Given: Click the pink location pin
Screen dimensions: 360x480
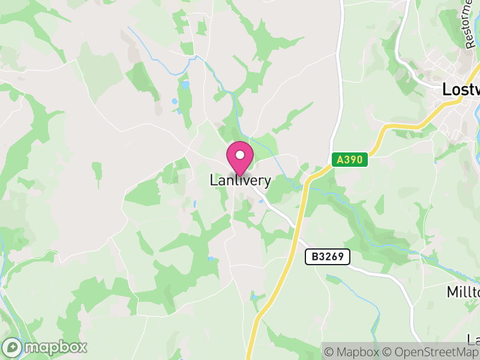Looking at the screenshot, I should [240, 158].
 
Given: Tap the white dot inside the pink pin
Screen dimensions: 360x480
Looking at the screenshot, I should [240, 155].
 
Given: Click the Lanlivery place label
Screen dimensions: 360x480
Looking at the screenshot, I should [240, 180].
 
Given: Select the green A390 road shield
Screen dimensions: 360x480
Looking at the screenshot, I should [349, 160].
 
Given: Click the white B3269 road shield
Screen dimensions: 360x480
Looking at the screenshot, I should [327, 257].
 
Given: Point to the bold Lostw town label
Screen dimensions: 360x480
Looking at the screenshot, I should [461, 89].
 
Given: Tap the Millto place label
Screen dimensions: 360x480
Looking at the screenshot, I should [464, 292].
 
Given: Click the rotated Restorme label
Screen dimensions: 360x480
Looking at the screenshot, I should [469, 24].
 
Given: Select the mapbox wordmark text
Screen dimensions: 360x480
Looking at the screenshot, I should [55, 347].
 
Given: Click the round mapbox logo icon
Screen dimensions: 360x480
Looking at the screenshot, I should [13, 347].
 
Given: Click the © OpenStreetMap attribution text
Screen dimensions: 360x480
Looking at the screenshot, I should [431, 352].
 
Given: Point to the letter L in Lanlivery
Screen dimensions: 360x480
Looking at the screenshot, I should [213, 180].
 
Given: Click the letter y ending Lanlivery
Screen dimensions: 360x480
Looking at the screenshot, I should [267, 181].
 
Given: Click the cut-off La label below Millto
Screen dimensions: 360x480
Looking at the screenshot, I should [474, 340].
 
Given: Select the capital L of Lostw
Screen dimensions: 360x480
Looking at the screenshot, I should [446, 89].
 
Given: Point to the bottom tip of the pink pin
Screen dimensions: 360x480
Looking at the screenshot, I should [240, 176].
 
